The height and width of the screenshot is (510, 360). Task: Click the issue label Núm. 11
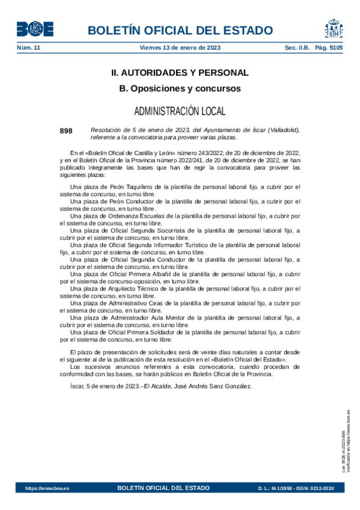[28, 48]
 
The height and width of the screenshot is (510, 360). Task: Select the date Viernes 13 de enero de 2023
[180, 48]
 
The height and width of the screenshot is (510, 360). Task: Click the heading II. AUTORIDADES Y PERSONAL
[180, 73]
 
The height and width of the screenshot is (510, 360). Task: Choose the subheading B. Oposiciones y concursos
[180, 88]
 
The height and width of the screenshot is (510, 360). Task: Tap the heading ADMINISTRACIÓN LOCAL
[180, 111]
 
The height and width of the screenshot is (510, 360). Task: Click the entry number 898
[66, 131]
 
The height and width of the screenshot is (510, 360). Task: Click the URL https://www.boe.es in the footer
[47, 488]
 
